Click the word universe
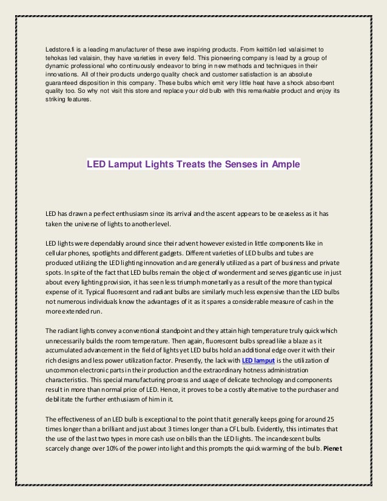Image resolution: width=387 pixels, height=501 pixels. (x=93, y=223)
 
